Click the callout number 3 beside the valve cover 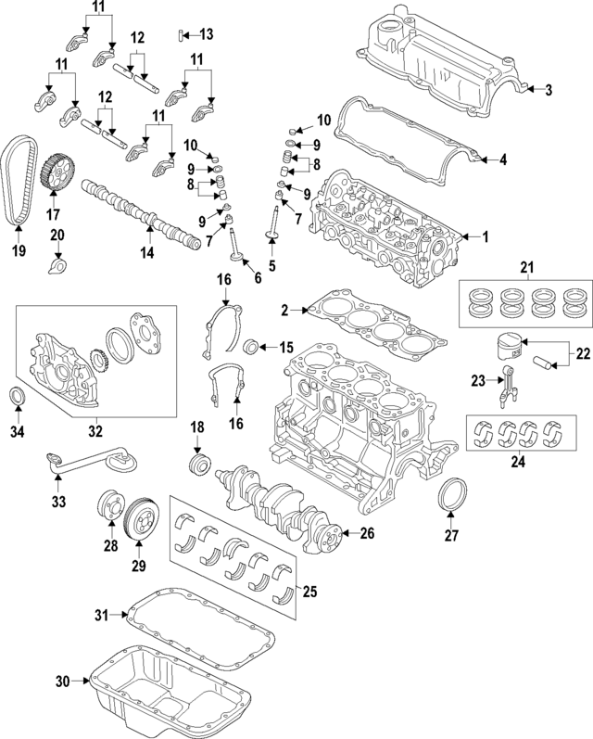[x=549, y=90]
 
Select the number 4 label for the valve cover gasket [x=503, y=159]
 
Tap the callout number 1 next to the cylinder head [x=483, y=237]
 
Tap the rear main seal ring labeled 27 [x=450, y=495]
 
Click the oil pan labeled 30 [x=176, y=690]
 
